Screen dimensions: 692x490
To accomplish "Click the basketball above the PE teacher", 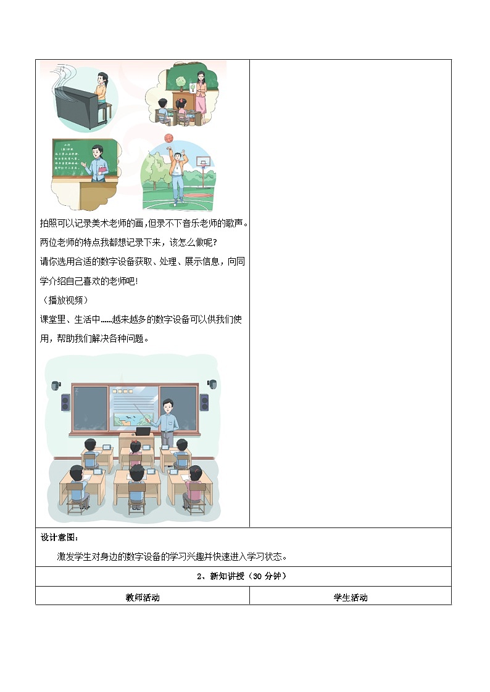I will coord(168,139).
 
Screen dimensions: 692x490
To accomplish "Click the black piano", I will coord(75,107).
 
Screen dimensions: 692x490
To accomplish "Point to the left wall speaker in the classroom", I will coord(65,403).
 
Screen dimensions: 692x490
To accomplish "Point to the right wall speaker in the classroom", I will coord(204,403).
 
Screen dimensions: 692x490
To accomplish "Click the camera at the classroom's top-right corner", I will coord(212,383).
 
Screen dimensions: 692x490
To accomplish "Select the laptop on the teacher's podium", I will coord(143,430).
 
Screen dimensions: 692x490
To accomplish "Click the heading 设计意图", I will coord(56,537).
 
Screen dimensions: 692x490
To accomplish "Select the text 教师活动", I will coord(143,597).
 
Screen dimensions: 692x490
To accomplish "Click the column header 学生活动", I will coord(350,597).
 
